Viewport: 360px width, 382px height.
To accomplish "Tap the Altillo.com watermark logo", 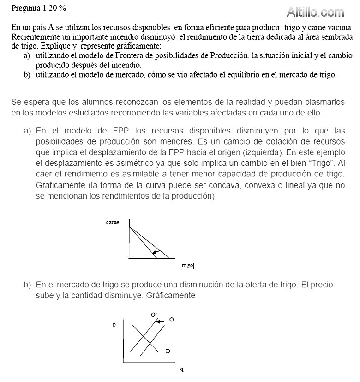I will coord(315,12).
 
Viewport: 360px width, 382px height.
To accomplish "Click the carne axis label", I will coord(113,222).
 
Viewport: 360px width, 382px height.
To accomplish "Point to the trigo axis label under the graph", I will coord(187,266).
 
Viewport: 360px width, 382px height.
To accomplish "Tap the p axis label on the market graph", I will coord(114,325).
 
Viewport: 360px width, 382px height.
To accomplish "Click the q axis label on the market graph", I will coord(182,369).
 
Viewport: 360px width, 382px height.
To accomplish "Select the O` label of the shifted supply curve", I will coord(154,315).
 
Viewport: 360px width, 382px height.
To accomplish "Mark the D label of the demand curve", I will coord(168,352).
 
